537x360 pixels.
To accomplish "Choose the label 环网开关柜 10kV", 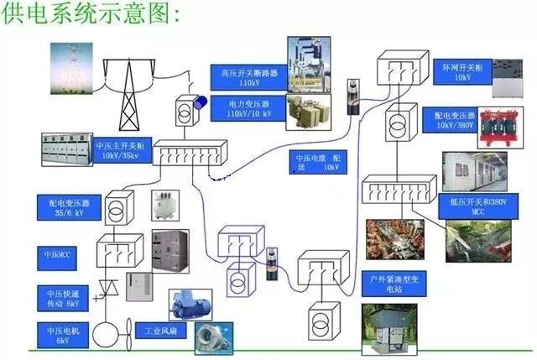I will coord(461,70).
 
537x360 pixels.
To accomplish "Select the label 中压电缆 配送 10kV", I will coord(317,161).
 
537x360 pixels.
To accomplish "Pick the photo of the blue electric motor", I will coord(191,303).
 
